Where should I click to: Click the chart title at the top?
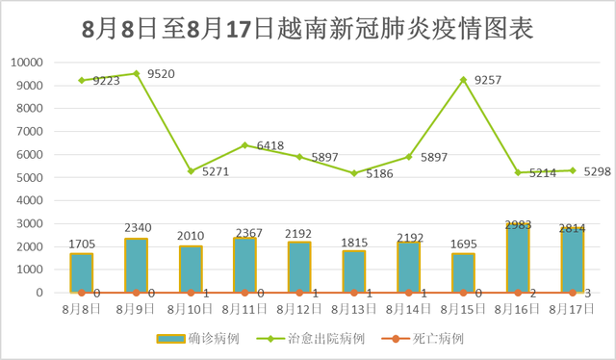pyautogui.click(x=307, y=27)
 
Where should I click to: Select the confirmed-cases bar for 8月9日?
pyautogui.click(x=137, y=266)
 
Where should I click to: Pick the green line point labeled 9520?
pyautogui.click(x=137, y=73)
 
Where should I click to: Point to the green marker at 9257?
pyautogui.click(x=465, y=80)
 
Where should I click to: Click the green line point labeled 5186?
pyautogui.click(x=355, y=173)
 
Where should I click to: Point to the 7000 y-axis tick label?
pyautogui.click(x=30, y=132)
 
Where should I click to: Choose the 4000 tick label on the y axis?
pyautogui.click(x=30, y=200)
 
